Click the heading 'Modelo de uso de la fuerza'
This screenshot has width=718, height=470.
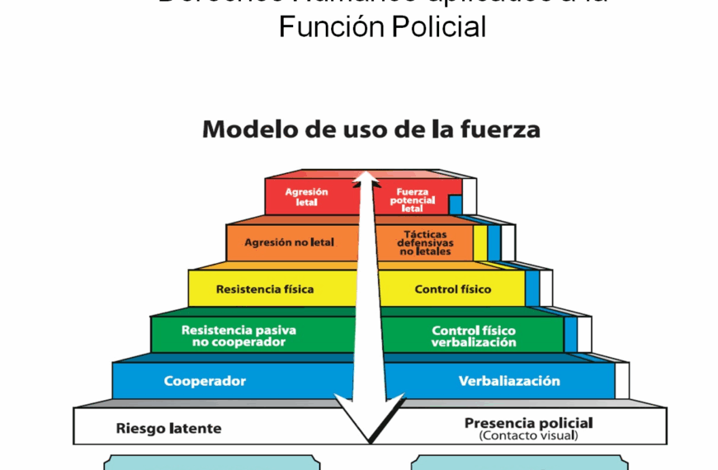pyautogui.click(x=371, y=129)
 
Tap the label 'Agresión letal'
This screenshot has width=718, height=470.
pyautogui.click(x=306, y=196)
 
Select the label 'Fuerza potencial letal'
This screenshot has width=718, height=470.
pyautogui.click(x=412, y=200)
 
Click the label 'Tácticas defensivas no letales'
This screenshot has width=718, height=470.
pyautogui.click(x=425, y=242)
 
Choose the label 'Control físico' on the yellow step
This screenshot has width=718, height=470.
pyautogui.click(x=453, y=289)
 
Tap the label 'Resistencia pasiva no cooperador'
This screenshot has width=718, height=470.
pyautogui.click(x=239, y=336)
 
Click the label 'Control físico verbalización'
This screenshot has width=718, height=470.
pyautogui.click(x=474, y=336)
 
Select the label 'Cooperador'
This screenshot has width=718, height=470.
pyautogui.click(x=205, y=381)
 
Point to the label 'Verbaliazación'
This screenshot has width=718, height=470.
pyautogui.click(x=509, y=381)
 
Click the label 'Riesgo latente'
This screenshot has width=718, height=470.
pyautogui.click(x=168, y=428)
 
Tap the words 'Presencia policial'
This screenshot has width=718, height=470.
pyautogui.click(x=528, y=423)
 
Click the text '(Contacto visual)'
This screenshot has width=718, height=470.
pyautogui.click(x=528, y=435)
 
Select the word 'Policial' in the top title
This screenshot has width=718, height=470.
pyautogui.click(x=438, y=27)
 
